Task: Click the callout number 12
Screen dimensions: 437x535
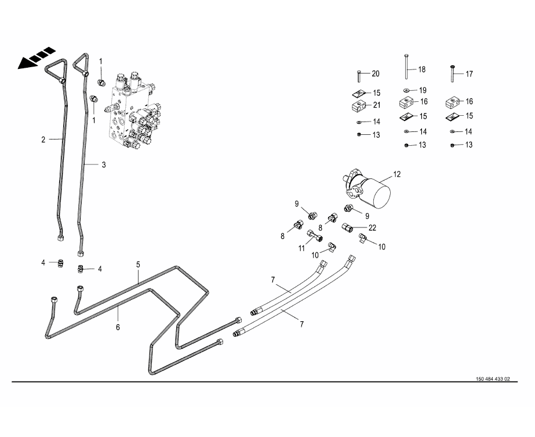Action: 397,174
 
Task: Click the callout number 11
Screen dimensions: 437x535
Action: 301,248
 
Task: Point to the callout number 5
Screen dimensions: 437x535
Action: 139,265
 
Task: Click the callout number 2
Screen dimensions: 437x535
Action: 43,139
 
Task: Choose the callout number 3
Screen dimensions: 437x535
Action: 104,165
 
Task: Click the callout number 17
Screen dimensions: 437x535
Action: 470,74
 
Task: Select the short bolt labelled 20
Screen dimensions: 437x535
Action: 359,75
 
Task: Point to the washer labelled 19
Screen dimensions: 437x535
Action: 406,90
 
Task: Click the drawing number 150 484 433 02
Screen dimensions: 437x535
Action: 493,379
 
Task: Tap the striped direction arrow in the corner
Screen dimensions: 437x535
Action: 35,58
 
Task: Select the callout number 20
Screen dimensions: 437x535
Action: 376,74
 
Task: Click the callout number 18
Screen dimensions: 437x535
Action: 422,69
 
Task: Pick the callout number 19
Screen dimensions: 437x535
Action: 422,90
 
